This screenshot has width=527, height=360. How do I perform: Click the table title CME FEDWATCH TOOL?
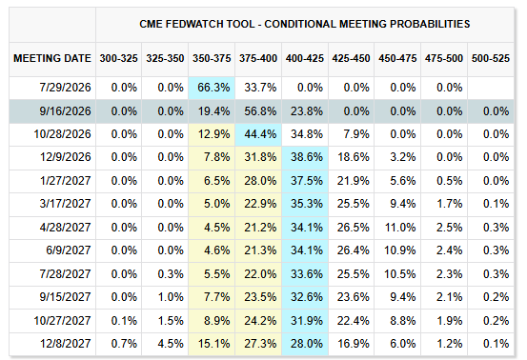[x=197, y=24]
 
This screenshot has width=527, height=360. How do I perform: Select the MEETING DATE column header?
[x=52, y=58]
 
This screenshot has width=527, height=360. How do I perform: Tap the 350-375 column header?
[x=212, y=58]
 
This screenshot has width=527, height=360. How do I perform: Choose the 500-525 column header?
[x=491, y=58]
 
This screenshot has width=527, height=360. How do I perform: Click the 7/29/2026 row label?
[x=65, y=88]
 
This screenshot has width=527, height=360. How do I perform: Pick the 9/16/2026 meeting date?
[x=65, y=111]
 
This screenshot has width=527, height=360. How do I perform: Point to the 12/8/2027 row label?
[x=65, y=344]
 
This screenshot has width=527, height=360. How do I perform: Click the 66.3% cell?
[x=213, y=88]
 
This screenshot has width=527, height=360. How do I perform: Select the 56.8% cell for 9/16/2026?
[x=260, y=111]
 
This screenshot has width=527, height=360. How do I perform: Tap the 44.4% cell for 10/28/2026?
[x=260, y=134]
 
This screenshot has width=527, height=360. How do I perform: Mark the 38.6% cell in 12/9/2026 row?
[x=307, y=157]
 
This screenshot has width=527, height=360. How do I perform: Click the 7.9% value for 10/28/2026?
[x=355, y=134]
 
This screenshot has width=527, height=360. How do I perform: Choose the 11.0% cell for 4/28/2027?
[x=400, y=228]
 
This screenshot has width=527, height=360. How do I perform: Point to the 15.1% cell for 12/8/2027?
[x=213, y=344]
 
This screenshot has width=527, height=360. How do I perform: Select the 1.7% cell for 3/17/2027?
[x=450, y=204]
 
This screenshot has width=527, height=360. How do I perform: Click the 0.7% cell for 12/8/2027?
[x=124, y=344]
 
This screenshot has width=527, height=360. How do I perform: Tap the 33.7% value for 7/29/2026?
[x=260, y=88]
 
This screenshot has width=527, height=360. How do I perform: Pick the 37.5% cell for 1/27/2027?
[x=307, y=181]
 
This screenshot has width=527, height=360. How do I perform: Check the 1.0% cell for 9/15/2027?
[x=171, y=297]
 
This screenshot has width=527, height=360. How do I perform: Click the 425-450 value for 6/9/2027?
[x=353, y=250]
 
